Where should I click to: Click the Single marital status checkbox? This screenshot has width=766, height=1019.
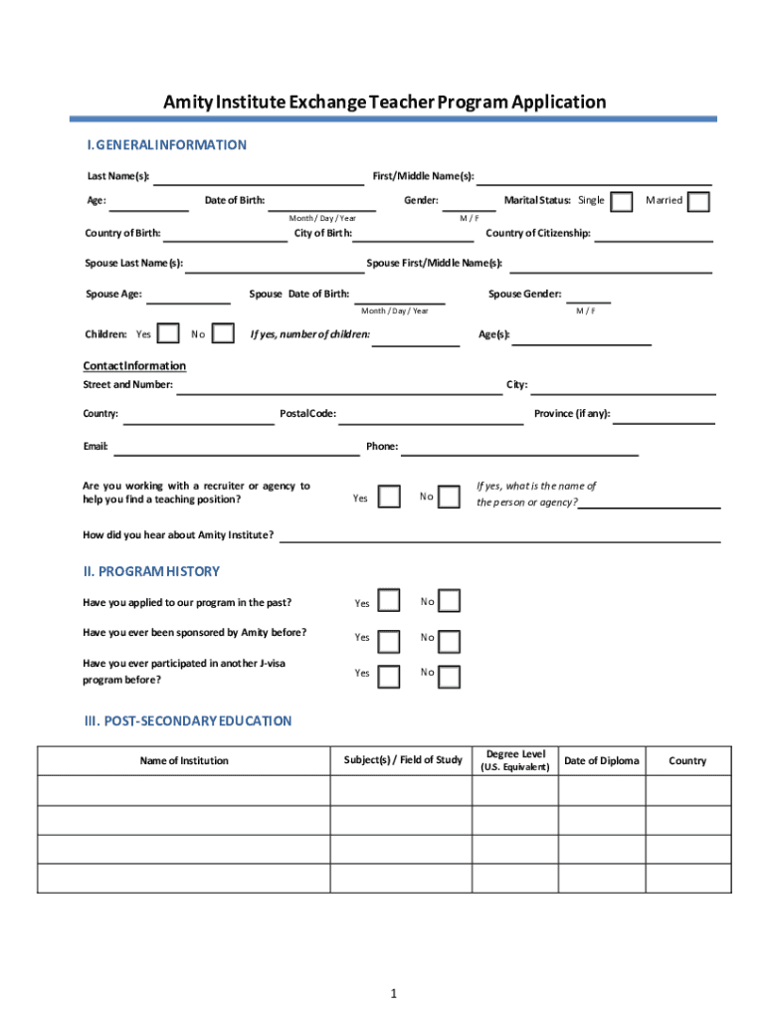point(622,202)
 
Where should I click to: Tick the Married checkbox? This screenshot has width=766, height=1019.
point(699,202)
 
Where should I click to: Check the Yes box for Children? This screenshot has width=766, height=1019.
point(170,333)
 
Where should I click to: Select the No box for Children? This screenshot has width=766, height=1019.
point(225,333)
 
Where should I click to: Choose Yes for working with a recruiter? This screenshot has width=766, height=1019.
point(391,496)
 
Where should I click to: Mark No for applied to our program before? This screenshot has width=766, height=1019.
point(450,601)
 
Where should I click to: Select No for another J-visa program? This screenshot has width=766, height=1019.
point(450,677)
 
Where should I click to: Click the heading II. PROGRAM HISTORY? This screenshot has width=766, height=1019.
point(151,571)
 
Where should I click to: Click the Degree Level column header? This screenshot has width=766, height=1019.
point(514,760)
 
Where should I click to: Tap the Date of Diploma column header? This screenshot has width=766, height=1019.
point(602,760)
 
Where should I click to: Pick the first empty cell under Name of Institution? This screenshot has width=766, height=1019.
point(184,790)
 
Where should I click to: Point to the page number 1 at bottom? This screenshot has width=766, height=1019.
point(394,994)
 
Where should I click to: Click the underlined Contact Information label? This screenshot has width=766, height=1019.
point(133,365)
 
